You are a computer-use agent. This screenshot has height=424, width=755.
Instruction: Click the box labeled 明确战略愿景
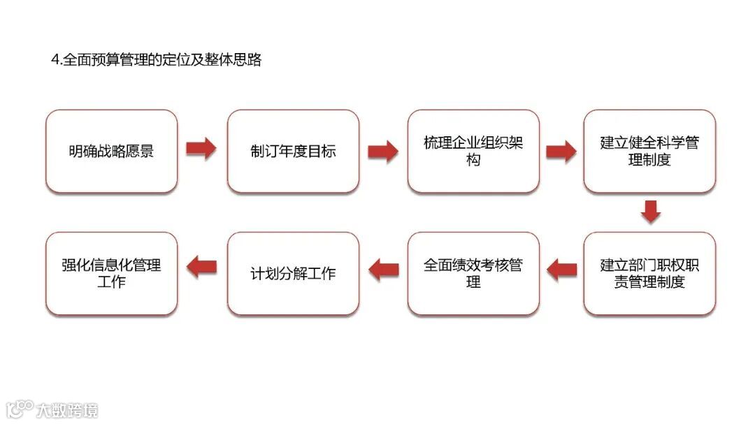[x=111, y=151]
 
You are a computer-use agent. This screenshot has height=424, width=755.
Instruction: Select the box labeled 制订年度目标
[x=293, y=151]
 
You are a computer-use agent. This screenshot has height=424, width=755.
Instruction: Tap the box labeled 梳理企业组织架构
[x=473, y=151]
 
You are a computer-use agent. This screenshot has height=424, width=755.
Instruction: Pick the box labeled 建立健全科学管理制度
[x=649, y=151]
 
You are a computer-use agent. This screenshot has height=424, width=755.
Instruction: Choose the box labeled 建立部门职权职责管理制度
[x=649, y=273]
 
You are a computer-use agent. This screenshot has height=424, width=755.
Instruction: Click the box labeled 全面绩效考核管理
[x=473, y=273]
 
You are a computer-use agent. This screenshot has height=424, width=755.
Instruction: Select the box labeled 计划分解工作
[x=293, y=273]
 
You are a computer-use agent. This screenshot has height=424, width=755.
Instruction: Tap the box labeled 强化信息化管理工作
[x=111, y=273]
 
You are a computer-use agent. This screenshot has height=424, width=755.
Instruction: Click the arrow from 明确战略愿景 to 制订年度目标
[x=201, y=149]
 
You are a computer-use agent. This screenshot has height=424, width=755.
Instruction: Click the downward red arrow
[x=651, y=212]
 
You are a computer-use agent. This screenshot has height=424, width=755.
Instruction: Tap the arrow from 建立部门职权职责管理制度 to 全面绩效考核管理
[x=561, y=269]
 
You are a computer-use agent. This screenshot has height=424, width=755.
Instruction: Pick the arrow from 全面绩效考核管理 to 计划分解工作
[x=383, y=269]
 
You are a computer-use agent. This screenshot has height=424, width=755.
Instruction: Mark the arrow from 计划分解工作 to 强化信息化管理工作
[x=202, y=265]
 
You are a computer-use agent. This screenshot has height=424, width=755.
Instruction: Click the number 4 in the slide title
[x=55, y=61]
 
